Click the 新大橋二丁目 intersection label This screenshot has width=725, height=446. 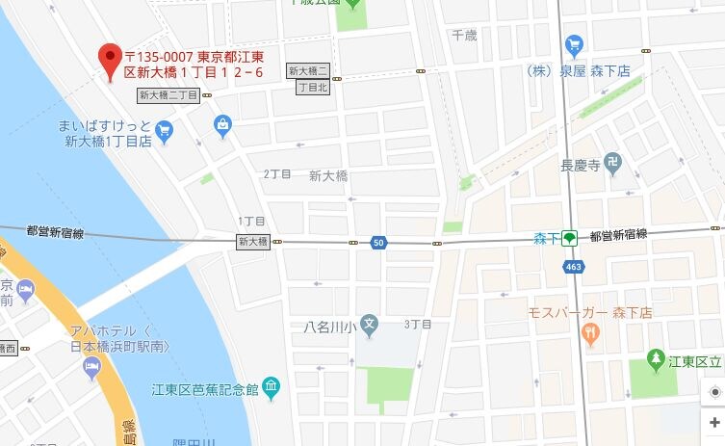168,95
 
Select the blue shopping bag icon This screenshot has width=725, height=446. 223,123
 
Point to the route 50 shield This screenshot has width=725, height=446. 379,242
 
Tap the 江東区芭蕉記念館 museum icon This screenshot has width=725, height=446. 272,388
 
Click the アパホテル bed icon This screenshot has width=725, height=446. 26,288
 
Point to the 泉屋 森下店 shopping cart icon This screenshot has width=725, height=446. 575,44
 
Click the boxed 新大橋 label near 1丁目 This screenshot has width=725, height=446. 252,241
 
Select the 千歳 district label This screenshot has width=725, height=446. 464,35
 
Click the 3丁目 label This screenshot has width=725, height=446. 418,324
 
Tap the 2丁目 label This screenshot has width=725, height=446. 277,173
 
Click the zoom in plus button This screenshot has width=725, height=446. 714,422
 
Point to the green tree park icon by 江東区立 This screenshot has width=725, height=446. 656,360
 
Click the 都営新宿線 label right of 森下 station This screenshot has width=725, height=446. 618,236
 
